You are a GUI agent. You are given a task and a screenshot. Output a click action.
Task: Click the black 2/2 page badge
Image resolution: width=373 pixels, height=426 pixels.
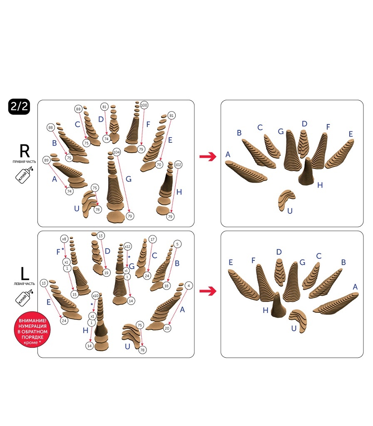point(19,106)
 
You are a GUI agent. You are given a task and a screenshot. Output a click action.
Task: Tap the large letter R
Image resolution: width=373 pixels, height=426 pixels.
point(25,151)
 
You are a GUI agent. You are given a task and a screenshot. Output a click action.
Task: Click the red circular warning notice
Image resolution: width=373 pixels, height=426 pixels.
point(32,329)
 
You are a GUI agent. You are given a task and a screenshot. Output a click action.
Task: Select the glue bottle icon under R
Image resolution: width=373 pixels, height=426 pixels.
point(24,174)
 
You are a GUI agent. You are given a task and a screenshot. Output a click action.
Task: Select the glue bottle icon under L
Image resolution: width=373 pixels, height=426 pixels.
point(24,297)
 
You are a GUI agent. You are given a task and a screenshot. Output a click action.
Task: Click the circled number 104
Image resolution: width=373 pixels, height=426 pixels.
point(117,152)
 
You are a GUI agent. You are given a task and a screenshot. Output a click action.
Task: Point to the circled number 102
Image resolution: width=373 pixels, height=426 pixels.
point(178,165)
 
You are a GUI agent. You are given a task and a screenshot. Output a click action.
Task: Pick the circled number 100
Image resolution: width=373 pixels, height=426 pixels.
point(144,105)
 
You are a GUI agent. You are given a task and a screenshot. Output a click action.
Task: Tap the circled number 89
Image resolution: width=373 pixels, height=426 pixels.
point(46,160)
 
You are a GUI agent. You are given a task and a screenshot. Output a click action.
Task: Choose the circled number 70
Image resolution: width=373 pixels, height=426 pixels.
point(159,164)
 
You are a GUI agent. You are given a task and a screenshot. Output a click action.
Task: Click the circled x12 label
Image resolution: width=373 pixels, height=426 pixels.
point(127,246)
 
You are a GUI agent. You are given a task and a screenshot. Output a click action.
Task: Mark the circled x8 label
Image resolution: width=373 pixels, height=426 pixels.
point(64,239)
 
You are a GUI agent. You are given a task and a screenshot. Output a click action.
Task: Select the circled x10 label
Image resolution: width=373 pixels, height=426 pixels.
point(95,296)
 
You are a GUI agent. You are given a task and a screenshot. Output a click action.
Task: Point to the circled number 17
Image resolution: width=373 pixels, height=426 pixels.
point(152,239)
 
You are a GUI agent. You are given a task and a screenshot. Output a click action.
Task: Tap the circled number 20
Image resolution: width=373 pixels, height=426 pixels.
point(167,328)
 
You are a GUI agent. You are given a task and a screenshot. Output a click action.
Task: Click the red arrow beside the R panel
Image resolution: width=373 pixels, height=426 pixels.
point(208,157)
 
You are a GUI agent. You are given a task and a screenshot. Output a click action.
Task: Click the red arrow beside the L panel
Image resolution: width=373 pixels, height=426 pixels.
point(208,291)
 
